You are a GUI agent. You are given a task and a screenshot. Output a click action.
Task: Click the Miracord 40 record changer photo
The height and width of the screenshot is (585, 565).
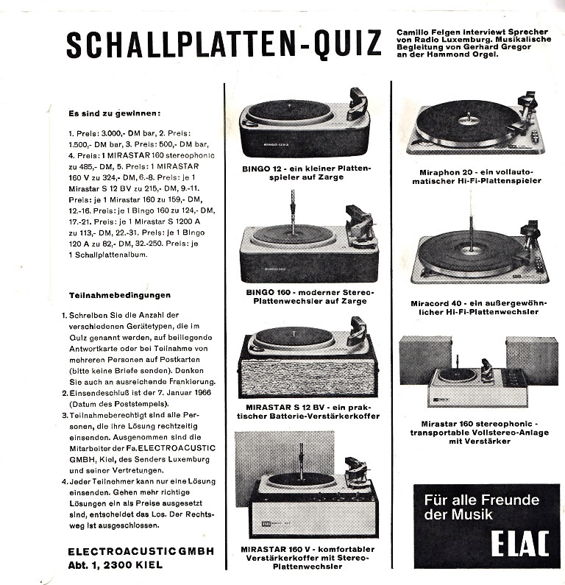tap(478, 254)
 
